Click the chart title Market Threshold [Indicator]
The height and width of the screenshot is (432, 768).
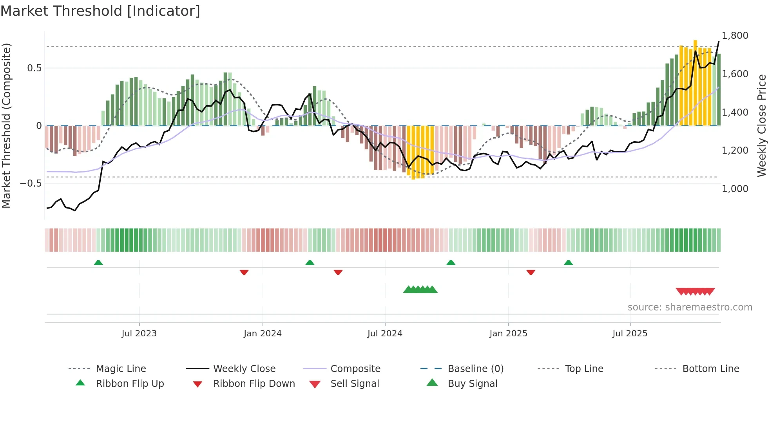(100, 11)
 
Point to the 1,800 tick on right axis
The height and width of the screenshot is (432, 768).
(735, 36)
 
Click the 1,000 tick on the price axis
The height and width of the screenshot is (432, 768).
(735, 189)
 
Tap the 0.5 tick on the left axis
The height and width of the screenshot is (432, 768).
(34, 68)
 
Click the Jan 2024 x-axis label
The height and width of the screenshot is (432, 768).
(263, 334)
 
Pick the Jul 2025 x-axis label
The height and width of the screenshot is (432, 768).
(630, 334)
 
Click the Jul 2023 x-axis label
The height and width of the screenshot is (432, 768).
(139, 334)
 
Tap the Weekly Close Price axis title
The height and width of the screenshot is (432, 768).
(761, 125)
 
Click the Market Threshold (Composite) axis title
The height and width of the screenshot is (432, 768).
(6, 125)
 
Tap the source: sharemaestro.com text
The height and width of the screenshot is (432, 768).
(690, 307)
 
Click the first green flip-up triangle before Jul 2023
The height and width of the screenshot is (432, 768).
(98, 263)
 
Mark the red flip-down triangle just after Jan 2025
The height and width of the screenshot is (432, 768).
(531, 272)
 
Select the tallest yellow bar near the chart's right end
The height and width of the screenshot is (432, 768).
(695, 82)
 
